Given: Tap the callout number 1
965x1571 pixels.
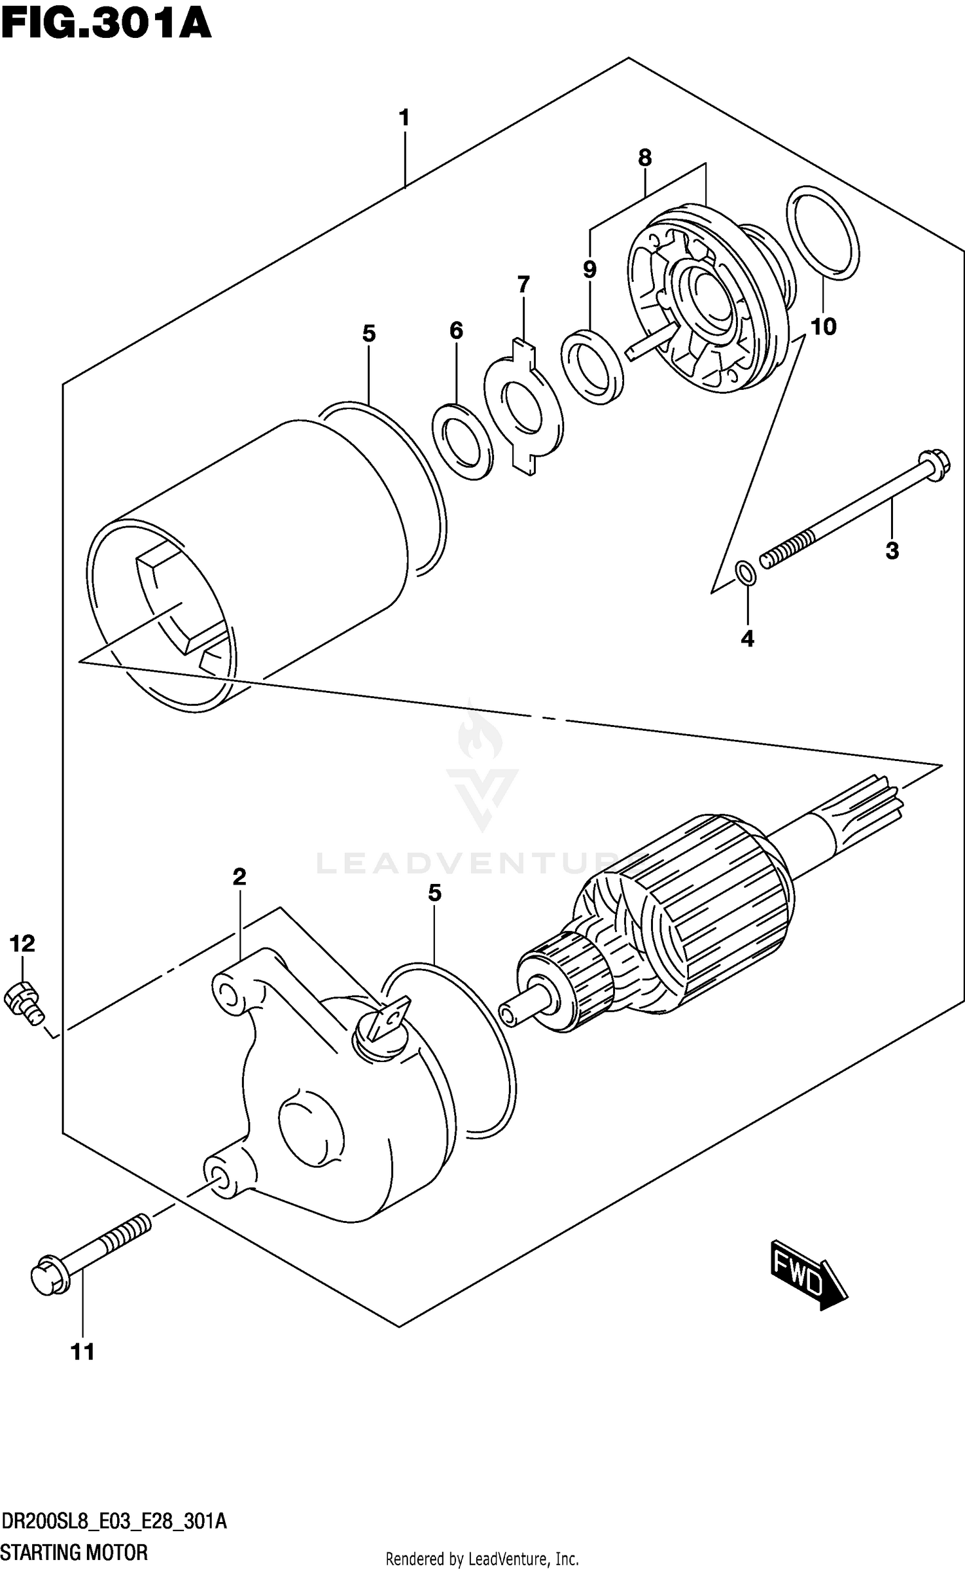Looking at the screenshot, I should point(404,118).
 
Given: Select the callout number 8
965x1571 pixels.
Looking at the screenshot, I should point(645,158).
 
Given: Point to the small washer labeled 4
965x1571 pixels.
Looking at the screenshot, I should point(746,572).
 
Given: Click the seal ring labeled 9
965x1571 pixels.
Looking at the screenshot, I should point(592,366).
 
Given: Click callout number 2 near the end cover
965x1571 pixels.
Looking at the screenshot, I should point(239,877).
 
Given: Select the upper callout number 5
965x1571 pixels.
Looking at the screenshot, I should point(369,333).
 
